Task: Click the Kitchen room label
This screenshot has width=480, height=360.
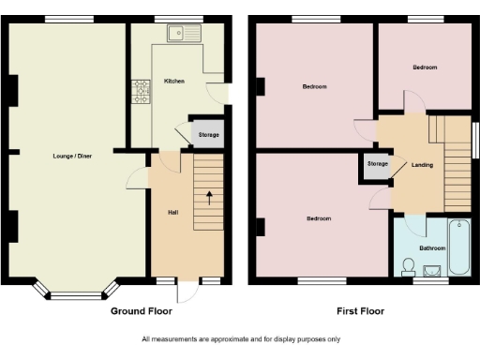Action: click(174, 82)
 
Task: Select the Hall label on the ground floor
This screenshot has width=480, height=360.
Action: click(172, 213)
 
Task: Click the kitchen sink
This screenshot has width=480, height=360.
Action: click(182, 35)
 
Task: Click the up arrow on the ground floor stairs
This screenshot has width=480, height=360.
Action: click(208, 198)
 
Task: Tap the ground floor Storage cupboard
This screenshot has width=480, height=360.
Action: click(208, 135)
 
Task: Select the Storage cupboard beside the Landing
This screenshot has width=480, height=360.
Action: click(377, 165)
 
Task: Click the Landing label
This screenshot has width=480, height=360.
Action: click(422, 165)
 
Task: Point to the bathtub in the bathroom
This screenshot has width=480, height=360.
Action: click(459, 246)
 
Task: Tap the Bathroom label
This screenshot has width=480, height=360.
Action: click(432, 248)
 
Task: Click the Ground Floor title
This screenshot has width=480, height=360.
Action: click(143, 310)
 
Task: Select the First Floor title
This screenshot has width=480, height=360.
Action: click(360, 310)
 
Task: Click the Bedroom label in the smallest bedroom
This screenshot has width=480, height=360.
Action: click(425, 67)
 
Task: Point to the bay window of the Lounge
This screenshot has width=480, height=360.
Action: click(76, 290)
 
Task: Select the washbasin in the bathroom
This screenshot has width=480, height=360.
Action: click(433, 271)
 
